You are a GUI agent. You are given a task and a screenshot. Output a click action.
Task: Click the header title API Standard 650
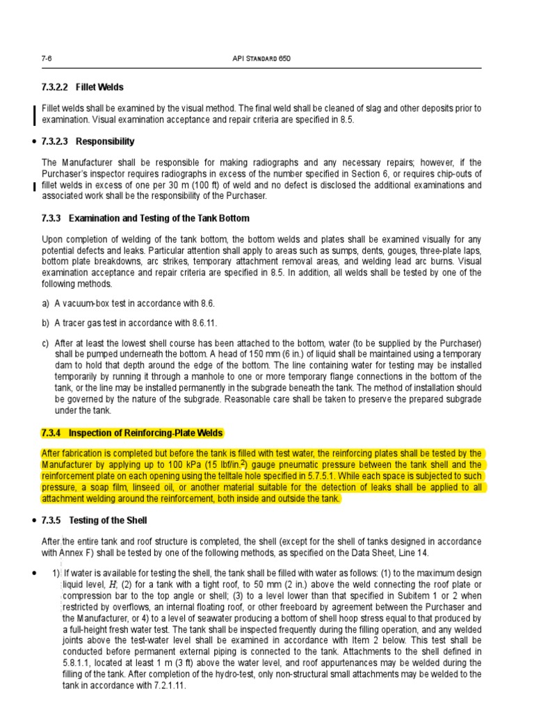(x=262, y=58)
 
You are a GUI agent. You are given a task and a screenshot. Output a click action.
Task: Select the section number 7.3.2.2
(x=56, y=87)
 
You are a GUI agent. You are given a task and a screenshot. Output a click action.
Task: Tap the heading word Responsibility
(x=105, y=141)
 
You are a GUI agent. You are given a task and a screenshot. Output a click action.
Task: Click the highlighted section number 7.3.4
(x=51, y=433)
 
